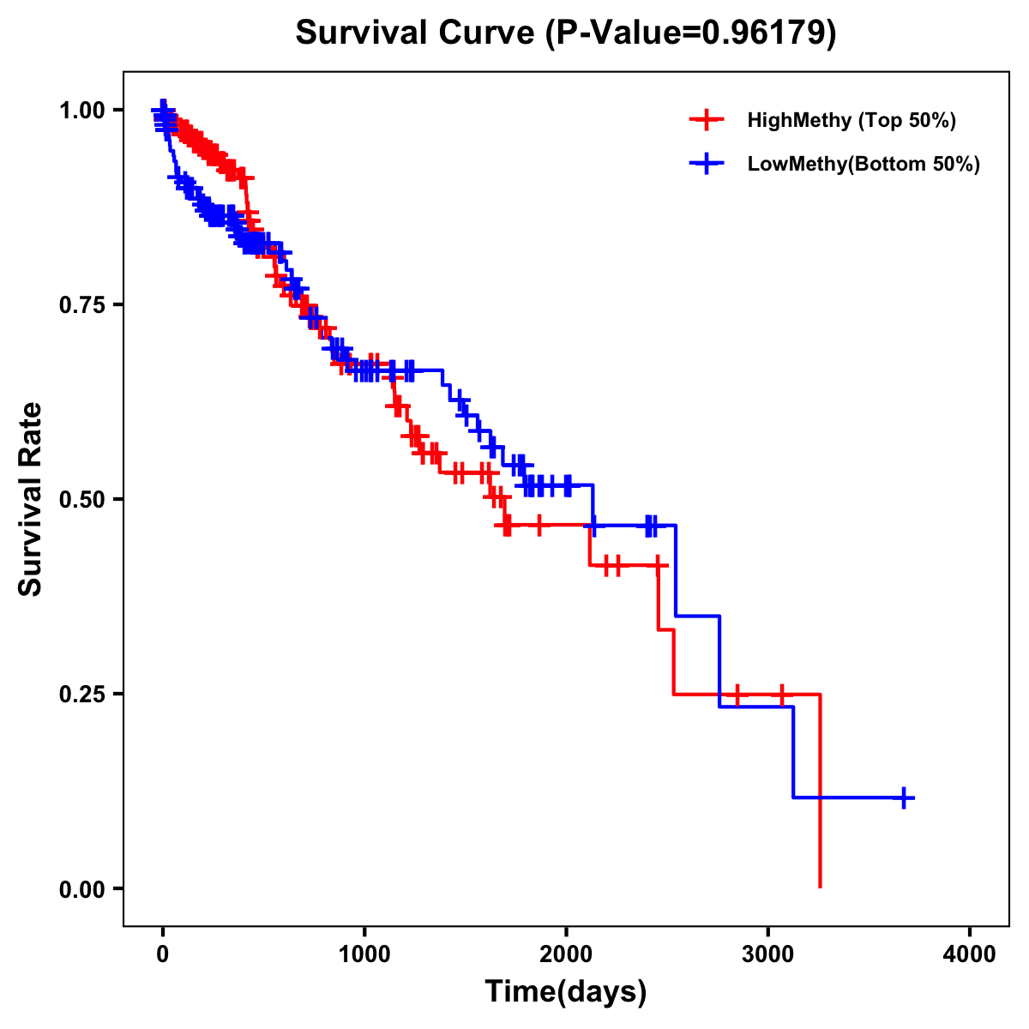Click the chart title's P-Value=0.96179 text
coord(690,33)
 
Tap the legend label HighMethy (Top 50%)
coord(851,120)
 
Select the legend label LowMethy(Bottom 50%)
coord(863,164)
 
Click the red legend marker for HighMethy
coord(707,120)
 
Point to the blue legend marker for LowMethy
coord(707,164)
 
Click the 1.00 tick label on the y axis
coord(83,111)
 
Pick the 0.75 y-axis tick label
coord(83,305)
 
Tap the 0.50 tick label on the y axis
coord(83,500)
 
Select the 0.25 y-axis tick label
coord(83,695)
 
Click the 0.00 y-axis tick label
coord(83,889)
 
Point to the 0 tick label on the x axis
coord(163,954)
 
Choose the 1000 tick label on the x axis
coord(364,954)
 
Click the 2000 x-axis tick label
coord(566,954)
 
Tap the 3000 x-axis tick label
coord(768,954)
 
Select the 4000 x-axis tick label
coord(970,954)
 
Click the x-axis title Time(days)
coord(566,992)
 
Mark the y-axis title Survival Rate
coord(32,499)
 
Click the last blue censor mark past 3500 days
coord(903,797)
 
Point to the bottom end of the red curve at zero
coord(821,885)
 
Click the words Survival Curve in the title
coord(416,33)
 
